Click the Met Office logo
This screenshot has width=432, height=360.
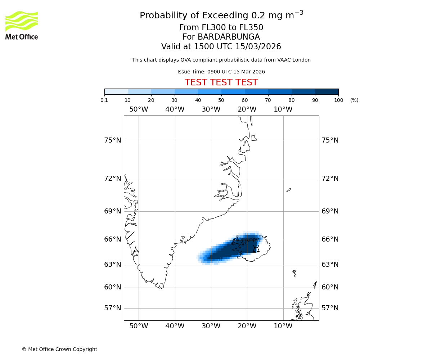click(x=22, y=25)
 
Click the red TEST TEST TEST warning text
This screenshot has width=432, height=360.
click(x=221, y=83)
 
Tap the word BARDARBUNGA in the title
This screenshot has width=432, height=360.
click(x=221, y=37)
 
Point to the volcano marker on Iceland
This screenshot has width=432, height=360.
click(x=256, y=249)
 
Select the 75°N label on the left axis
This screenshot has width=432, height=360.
click(x=113, y=140)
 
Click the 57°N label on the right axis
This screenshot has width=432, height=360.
click(x=330, y=308)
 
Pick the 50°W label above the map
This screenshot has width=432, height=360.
click(x=139, y=109)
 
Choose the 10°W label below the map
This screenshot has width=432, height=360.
click(x=283, y=327)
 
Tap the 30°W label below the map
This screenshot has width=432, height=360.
click(x=211, y=327)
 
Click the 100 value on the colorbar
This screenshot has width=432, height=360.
click(x=338, y=100)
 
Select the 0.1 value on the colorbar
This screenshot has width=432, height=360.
click(x=104, y=100)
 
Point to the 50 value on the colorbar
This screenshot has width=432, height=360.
click(x=221, y=100)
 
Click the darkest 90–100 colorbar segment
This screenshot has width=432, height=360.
click(x=327, y=91)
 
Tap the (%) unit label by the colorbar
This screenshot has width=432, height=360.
click(x=354, y=100)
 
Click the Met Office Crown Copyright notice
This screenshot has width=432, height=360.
click(x=59, y=350)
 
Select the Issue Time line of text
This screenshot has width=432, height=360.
click(x=221, y=72)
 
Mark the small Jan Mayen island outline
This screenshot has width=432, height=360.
click(x=289, y=190)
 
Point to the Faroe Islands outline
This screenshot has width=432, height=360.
click(x=294, y=273)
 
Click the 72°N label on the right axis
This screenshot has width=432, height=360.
click(x=330, y=179)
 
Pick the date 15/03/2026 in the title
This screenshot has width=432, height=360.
click(x=258, y=47)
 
